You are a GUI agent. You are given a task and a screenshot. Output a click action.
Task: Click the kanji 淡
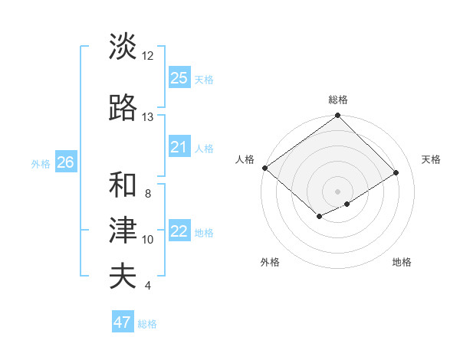123,47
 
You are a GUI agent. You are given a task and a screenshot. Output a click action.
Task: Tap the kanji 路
123,109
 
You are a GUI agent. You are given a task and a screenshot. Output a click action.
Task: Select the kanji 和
123,185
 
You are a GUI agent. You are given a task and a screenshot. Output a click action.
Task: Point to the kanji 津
123,231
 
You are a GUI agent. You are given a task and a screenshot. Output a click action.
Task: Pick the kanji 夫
123,277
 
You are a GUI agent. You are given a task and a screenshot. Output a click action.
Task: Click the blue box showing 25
179,78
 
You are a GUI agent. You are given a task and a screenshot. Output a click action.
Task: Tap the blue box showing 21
179,147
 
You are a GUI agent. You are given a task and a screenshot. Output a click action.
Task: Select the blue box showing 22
179,231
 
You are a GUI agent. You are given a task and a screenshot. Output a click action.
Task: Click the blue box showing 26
65,162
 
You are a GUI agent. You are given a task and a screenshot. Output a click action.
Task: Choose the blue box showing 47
123,322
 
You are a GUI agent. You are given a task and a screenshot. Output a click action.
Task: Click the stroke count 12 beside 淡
148,56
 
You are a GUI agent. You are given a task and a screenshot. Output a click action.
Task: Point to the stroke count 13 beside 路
148,117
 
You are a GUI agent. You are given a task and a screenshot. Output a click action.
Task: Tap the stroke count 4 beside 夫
148,286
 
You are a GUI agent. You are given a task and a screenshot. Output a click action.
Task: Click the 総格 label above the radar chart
338,100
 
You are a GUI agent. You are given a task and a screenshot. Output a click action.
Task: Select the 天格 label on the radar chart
431,159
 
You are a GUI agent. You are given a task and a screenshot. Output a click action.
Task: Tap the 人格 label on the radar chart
245,159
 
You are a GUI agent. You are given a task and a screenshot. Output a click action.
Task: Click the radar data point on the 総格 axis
337,116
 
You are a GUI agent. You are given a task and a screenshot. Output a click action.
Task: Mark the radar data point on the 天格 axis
396,172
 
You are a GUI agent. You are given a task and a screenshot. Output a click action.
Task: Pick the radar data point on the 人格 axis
264,168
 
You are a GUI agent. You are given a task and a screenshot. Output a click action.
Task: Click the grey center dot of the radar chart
337,191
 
